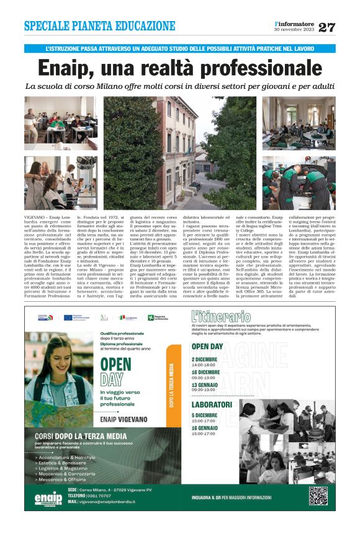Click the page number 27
point(326,27)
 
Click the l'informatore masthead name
point(295,24)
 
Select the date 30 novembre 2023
point(295,30)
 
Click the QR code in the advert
point(318,496)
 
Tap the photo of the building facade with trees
point(180,152)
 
